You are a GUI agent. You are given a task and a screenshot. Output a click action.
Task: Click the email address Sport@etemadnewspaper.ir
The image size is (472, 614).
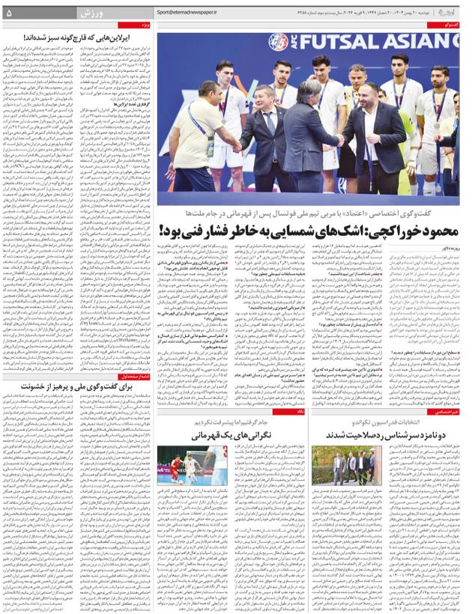point(187,13)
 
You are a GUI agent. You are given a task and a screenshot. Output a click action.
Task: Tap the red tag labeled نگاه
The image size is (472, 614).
point(300,411)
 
